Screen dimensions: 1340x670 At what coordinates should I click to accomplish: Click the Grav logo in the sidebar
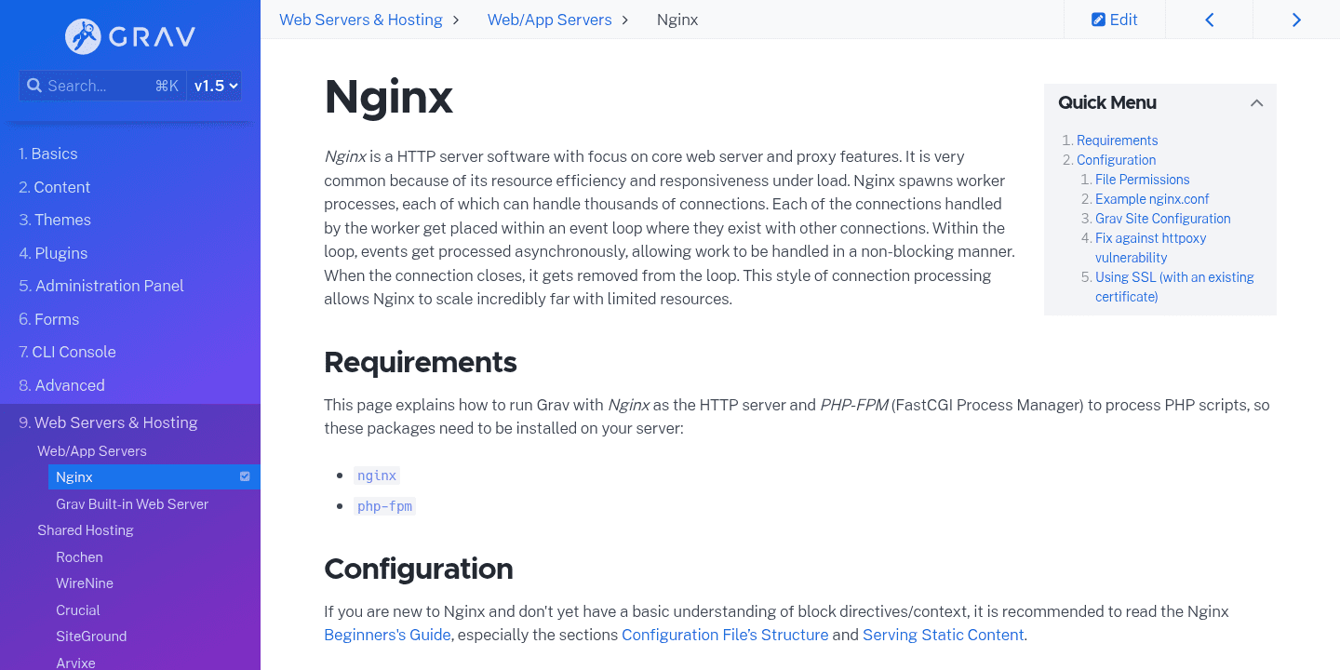pyautogui.click(x=130, y=37)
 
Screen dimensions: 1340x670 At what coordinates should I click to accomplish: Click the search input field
pyautogui.click(x=93, y=86)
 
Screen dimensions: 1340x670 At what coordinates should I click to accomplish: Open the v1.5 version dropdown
pyautogui.click(x=215, y=86)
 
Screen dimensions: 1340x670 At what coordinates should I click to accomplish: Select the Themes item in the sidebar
pyautogui.click(x=62, y=220)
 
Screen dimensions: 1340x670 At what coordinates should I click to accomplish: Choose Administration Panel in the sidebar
pyautogui.click(x=109, y=286)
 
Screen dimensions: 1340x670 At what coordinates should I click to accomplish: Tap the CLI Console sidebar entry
pyautogui.click(x=74, y=352)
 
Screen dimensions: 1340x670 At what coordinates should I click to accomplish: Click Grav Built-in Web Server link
pyautogui.click(x=132, y=503)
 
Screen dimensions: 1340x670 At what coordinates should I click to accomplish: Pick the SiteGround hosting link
pyautogui.click(x=91, y=636)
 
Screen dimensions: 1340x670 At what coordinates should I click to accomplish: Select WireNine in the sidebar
pyautogui.click(x=85, y=583)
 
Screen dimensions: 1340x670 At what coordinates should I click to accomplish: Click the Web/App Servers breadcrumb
pyautogui.click(x=549, y=20)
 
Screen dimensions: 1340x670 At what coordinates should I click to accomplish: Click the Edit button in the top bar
pyautogui.click(x=1114, y=20)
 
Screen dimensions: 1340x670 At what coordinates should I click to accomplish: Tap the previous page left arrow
pyautogui.click(x=1209, y=20)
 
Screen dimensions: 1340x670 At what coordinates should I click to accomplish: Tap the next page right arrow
pyautogui.click(x=1296, y=20)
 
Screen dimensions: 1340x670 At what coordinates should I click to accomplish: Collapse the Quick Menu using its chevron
pyautogui.click(x=1256, y=103)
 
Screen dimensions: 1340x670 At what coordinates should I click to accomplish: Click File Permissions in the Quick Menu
pyautogui.click(x=1142, y=180)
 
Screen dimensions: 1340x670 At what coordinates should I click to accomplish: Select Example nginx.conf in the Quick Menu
pyautogui.click(x=1152, y=199)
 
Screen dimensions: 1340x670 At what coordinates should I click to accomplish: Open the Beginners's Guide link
pyautogui.click(x=387, y=635)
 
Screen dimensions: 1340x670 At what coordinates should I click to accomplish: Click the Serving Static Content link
pyautogui.click(x=943, y=635)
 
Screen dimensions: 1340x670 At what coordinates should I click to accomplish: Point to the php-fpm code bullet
pyautogui.click(x=384, y=506)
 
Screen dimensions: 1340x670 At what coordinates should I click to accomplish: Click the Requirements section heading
pyautogui.click(x=420, y=362)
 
